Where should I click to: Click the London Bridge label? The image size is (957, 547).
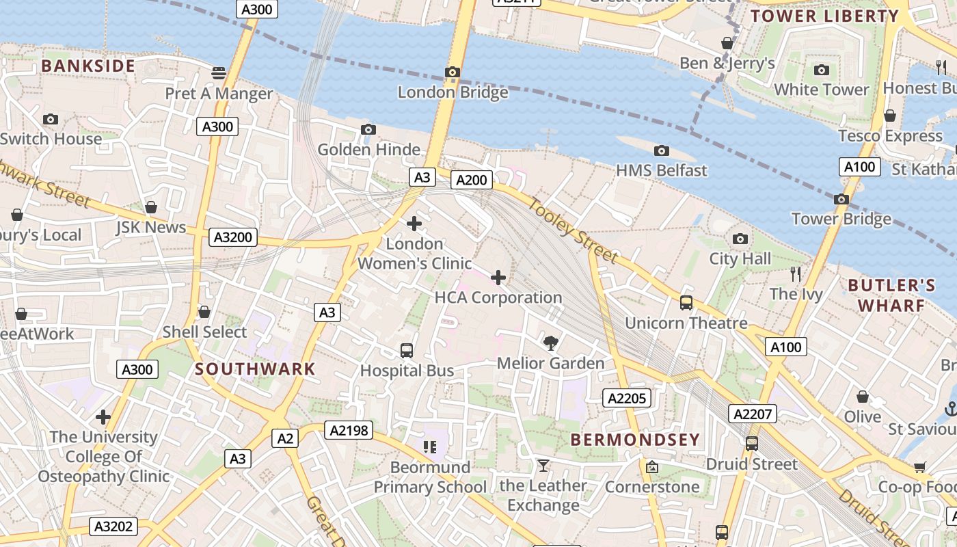click(453, 92)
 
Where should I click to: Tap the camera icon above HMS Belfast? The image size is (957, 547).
click(661, 150)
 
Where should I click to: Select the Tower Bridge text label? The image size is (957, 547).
click(841, 219)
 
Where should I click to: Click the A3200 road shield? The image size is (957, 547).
click(233, 237)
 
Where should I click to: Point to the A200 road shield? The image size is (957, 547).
click(472, 180)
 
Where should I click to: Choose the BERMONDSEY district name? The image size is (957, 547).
click(635, 440)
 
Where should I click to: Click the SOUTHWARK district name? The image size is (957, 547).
click(255, 369)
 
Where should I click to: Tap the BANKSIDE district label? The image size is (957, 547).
click(88, 66)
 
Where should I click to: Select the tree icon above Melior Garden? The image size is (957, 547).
click(550, 343)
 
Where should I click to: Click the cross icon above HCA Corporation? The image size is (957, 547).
click(498, 277)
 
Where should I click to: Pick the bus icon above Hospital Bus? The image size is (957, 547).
click(407, 351)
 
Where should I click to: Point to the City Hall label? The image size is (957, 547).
click(740, 258)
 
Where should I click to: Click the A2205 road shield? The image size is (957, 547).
click(627, 398)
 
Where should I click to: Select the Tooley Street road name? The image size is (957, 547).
click(572, 230)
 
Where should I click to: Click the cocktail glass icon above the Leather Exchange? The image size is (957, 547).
click(543, 466)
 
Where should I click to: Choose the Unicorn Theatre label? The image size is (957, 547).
click(686, 323)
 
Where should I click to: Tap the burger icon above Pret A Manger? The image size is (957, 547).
click(219, 72)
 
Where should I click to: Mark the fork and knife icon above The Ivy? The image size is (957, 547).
click(796, 274)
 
